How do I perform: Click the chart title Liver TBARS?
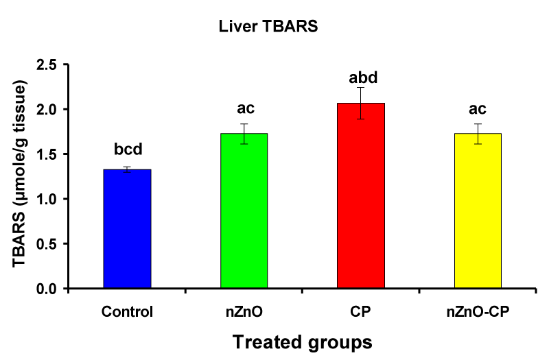click(x=268, y=26)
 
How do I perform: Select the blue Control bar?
click(x=127, y=229)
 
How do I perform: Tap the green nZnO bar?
click(x=244, y=211)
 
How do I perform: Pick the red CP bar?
click(x=361, y=195)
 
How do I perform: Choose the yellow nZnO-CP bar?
click(x=478, y=211)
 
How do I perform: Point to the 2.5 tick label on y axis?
click(x=47, y=64)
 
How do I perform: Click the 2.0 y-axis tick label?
click(x=47, y=110)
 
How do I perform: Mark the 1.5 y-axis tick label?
click(x=47, y=154)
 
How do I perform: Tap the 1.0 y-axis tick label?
click(x=47, y=199)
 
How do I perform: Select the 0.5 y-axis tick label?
click(x=47, y=244)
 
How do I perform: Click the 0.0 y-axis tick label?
click(x=47, y=289)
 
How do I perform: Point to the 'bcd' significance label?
click(x=128, y=149)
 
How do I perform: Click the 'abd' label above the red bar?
click(x=363, y=77)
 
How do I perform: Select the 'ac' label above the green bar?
click(x=246, y=108)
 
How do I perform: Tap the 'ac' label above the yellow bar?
click(x=478, y=109)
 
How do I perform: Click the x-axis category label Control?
click(x=127, y=311)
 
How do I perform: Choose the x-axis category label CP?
click(x=360, y=311)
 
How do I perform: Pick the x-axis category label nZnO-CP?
click(x=478, y=311)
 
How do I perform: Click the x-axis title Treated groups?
click(x=303, y=342)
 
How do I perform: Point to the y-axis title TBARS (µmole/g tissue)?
click(x=20, y=174)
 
